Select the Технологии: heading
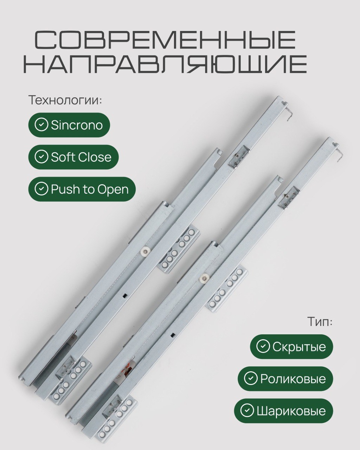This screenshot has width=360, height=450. pyautogui.click(x=66, y=100)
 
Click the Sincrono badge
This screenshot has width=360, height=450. pyautogui.click(x=69, y=125)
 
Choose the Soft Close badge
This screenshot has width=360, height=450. pyautogui.click(x=73, y=157)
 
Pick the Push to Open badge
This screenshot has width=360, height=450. pyautogui.click(x=82, y=189)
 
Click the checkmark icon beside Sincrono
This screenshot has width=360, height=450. pyautogui.click(x=41, y=125)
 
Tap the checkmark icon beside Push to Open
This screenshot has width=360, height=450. pyautogui.click(x=41, y=189)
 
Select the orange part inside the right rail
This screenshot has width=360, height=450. pyautogui.click(x=127, y=369)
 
